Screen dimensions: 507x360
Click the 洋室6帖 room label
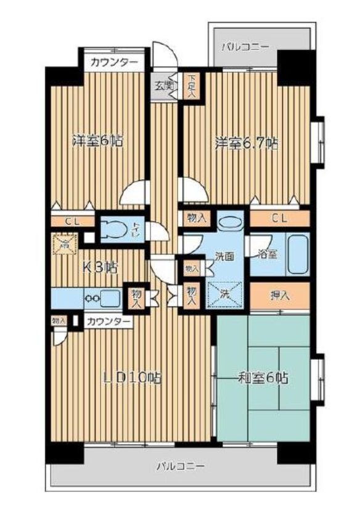coord(97,141)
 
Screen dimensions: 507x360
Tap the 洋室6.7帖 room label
coord(246,143)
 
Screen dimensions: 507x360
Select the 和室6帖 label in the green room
coord(263,378)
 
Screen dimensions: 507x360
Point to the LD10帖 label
coord(133,377)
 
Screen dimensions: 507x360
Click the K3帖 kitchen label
coord(101,267)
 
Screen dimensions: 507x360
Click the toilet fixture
coord(115,230)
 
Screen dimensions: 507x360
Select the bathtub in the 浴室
coord(297,255)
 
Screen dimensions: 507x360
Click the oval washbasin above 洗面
coord(229,222)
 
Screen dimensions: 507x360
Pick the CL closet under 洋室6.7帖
coord(279,217)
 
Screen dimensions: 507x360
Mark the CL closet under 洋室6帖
coord(72,220)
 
